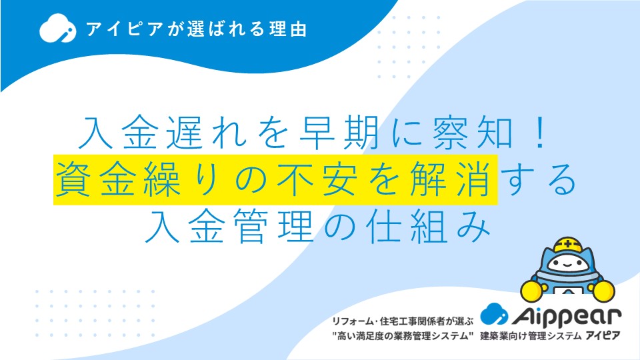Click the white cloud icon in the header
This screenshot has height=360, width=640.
(x=57, y=28)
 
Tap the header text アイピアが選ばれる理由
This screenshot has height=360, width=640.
(x=196, y=29)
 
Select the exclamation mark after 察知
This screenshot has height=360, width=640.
(x=541, y=133)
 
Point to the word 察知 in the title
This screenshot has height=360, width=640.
(x=473, y=133)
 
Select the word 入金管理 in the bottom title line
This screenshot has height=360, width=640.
(x=229, y=226)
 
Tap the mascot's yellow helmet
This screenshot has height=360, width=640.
(x=568, y=245)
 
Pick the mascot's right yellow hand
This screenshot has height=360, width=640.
(x=603, y=290)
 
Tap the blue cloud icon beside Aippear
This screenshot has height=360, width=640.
(x=494, y=314)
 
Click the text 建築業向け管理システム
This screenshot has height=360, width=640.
(x=531, y=336)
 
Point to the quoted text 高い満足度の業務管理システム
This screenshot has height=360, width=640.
(x=403, y=336)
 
